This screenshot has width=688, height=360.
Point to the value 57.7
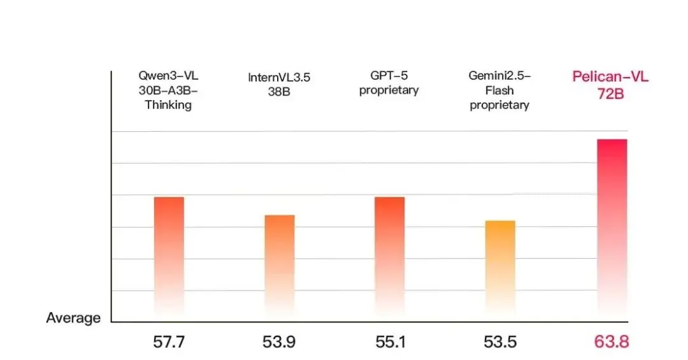click(x=169, y=342)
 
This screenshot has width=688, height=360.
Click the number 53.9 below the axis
click(x=279, y=342)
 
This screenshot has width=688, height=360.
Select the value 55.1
click(x=389, y=342)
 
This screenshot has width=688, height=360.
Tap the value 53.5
click(x=499, y=342)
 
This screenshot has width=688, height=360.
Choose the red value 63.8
click(x=612, y=342)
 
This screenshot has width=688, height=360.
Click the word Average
click(x=73, y=318)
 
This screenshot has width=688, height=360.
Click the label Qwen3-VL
click(x=168, y=76)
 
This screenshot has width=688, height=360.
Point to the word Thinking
click(x=168, y=105)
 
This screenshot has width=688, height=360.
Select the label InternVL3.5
click(x=279, y=78)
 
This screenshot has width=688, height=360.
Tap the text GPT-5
click(x=389, y=76)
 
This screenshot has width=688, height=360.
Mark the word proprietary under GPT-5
click(x=389, y=91)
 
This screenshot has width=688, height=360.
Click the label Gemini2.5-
click(x=499, y=76)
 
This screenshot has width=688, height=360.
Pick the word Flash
click(x=499, y=90)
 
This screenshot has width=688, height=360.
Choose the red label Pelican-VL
click(x=610, y=77)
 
